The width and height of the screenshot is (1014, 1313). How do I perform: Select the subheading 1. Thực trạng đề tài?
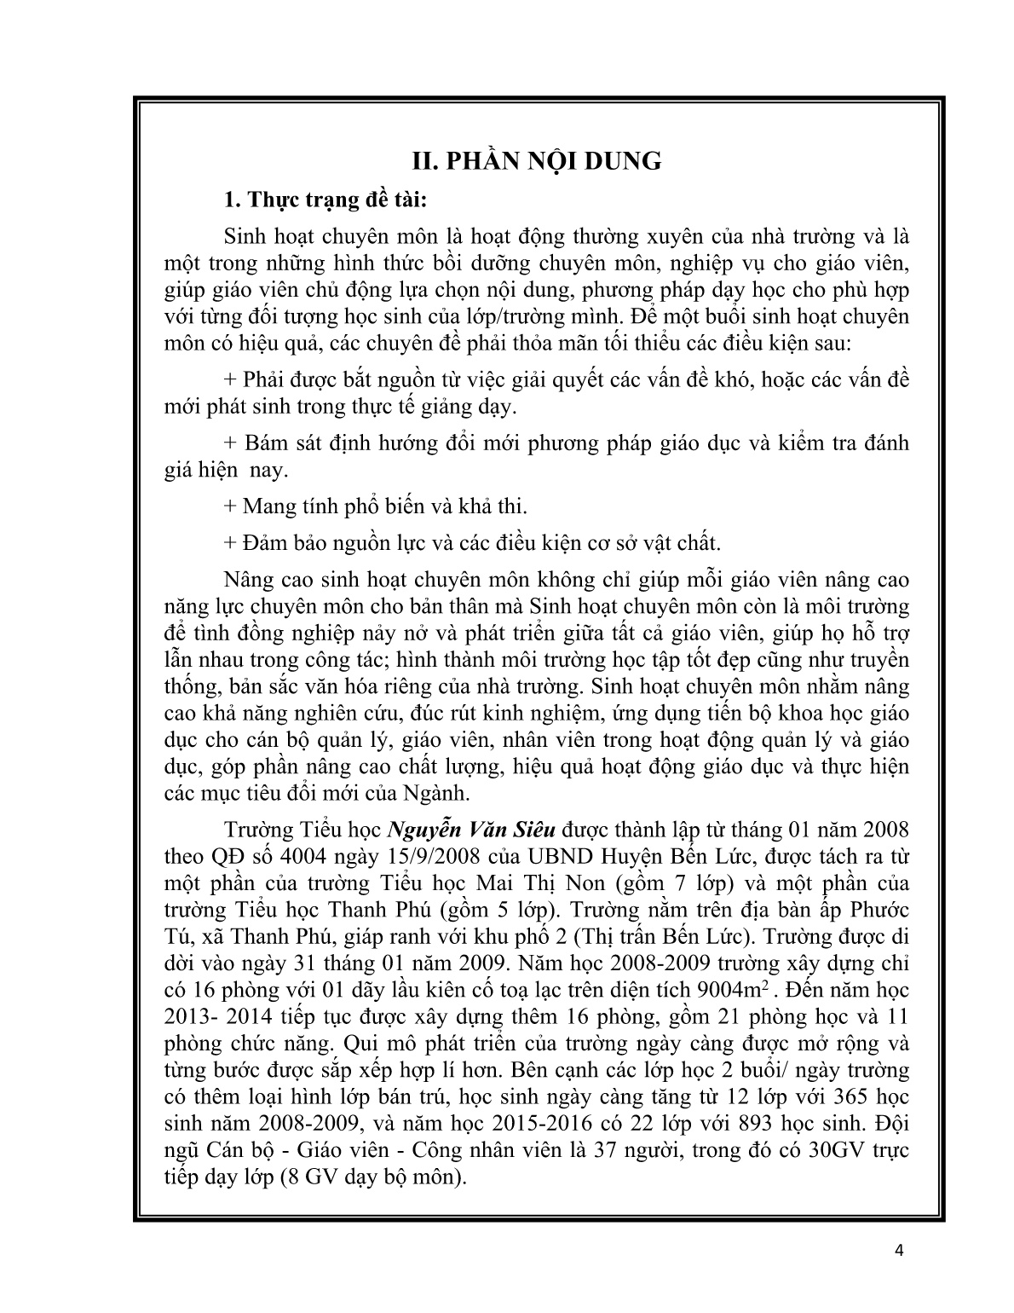click(x=323, y=201)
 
